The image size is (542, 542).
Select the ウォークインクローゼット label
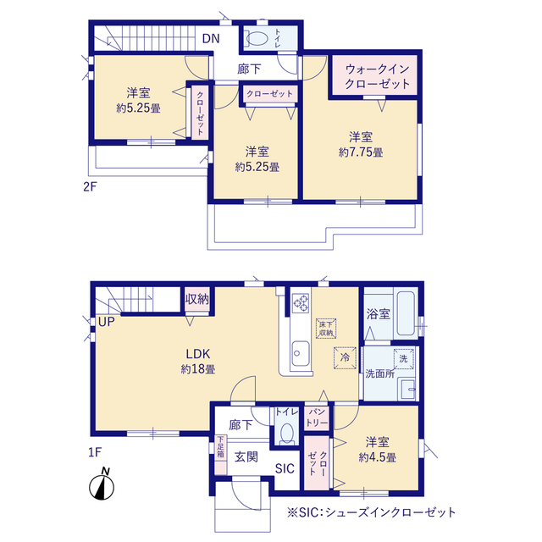(378, 77)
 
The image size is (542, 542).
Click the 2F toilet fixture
(257, 38)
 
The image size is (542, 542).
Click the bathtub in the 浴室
(402, 314)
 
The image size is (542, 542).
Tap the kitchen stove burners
(301, 302)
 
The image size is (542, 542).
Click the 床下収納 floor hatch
(327, 328)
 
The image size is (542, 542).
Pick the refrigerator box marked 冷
(345, 357)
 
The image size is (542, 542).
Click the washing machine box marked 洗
(403, 358)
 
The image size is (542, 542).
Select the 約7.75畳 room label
(361, 145)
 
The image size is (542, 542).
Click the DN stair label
(211, 38)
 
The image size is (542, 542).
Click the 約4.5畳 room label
(378, 450)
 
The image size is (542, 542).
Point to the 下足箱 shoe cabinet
(219, 447)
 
